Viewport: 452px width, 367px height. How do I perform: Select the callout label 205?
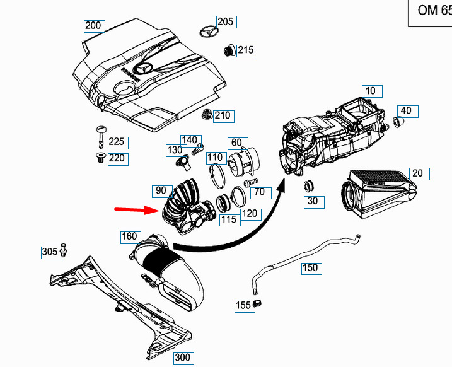(226, 22)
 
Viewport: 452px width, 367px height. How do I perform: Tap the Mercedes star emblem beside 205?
(208, 32)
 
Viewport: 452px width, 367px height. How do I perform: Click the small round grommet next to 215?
(229, 50)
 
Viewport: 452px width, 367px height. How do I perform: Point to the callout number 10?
(372, 91)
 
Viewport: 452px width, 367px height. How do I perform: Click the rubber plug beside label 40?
(398, 122)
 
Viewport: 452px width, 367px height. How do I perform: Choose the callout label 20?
(419, 174)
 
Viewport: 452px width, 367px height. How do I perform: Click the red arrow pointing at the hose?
(137, 209)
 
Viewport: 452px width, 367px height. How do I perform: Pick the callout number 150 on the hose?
(311, 269)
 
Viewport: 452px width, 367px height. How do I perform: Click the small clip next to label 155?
(257, 303)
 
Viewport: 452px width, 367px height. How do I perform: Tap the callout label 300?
(183, 358)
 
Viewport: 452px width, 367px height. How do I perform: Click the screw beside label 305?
(64, 250)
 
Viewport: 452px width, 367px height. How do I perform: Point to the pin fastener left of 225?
(100, 136)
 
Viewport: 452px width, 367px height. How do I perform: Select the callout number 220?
(118, 160)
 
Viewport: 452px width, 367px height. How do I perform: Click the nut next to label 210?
(207, 115)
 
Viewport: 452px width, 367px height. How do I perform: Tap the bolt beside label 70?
(251, 183)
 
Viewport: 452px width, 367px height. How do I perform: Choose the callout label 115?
(230, 220)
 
